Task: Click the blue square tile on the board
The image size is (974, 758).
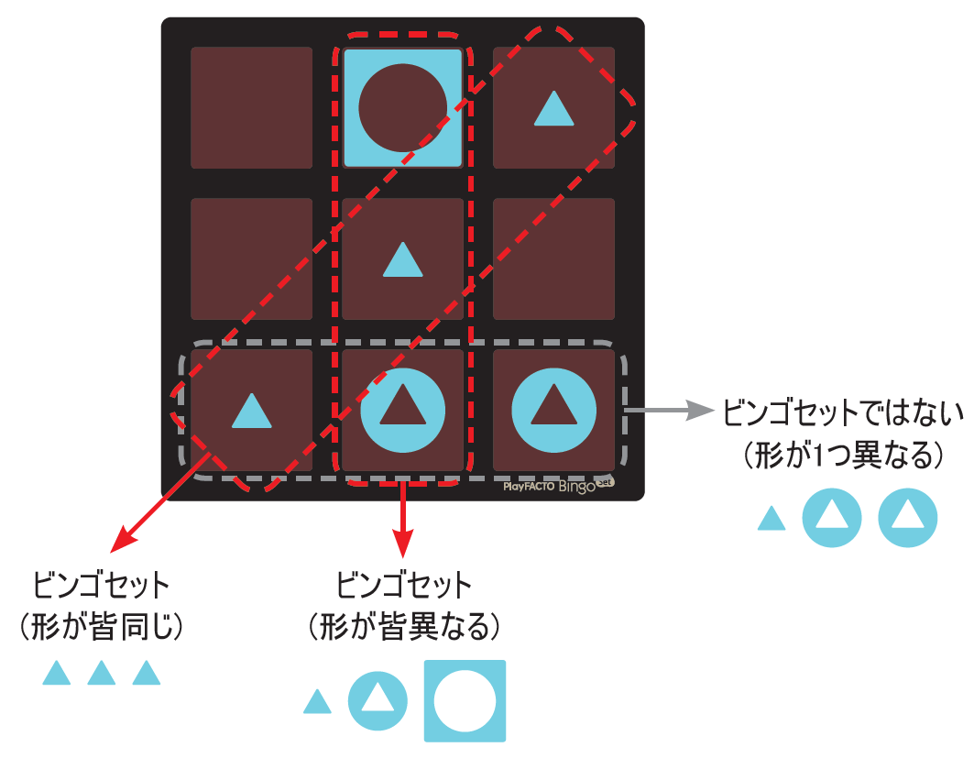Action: pyautogui.click(x=402, y=107)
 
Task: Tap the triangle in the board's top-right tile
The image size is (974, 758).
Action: pyautogui.click(x=553, y=110)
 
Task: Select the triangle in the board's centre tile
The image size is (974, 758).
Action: pyautogui.click(x=402, y=260)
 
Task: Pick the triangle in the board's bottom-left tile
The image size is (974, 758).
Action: pyautogui.click(x=251, y=412)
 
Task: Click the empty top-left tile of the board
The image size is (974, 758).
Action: pyautogui.click(x=251, y=107)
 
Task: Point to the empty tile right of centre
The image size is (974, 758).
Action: pyautogui.click(x=553, y=258)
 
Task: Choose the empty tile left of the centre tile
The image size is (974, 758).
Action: pyautogui.click(x=251, y=258)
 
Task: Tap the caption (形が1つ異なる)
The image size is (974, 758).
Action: pyautogui.click(x=837, y=454)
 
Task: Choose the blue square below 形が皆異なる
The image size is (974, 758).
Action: pyautogui.click(x=465, y=700)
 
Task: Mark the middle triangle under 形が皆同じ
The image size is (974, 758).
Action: pyautogui.click(x=102, y=674)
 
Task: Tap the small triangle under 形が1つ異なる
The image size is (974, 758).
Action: pyautogui.click(x=772, y=520)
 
